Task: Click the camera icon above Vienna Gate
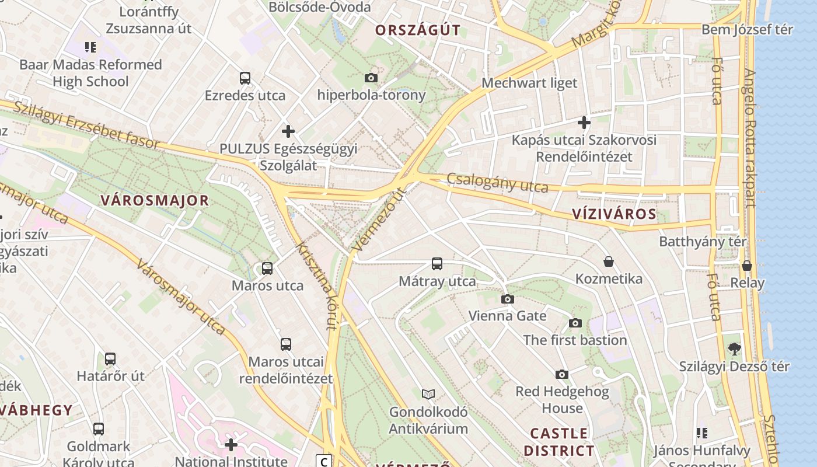click(x=508, y=299)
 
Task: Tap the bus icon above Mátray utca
click(x=437, y=264)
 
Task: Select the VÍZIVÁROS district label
click(x=614, y=214)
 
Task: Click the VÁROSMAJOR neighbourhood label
click(x=155, y=200)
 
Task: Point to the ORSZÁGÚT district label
click(x=418, y=30)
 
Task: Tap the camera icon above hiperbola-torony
click(x=371, y=78)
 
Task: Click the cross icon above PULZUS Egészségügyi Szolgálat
click(x=288, y=131)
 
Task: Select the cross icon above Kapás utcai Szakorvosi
click(x=584, y=123)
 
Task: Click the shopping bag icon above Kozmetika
click(x=609, y=262)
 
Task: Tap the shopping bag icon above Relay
click(x=747, y=266)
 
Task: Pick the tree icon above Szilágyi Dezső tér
click(x=734, y=349)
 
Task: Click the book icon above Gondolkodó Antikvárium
click(x=428, y=394)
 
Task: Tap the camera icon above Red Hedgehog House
click(x=562, y=374)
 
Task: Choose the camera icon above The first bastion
click(x=575, y=323)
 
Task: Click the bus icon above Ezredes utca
click(x=245, y=78)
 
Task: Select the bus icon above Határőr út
click(x=110, y=359)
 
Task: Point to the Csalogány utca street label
click(x=497, y=183)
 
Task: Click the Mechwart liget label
click(x=529, y=83)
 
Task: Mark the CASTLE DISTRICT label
click(x=558, y=442)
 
